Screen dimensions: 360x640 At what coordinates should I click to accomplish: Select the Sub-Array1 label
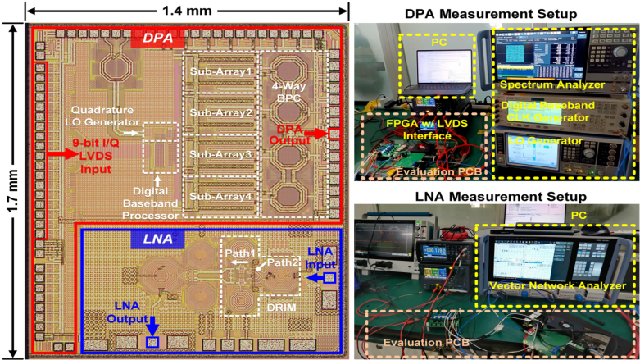[220, 71]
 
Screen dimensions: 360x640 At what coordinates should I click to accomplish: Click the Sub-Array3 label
[220, 153]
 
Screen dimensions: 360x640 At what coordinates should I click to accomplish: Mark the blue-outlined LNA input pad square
[329, 279]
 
